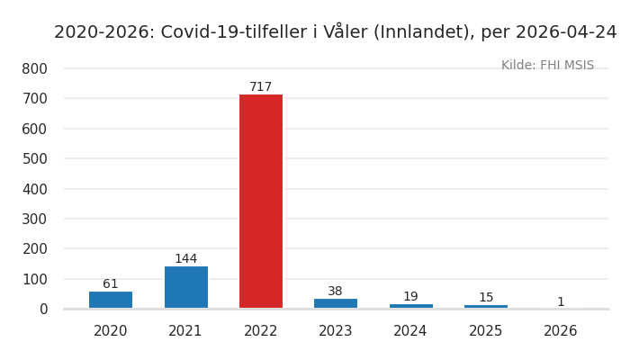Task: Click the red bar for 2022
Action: click(x=260, y=202)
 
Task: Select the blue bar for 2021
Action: click(x=185, y=287)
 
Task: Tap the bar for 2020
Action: click(x=111, y=300)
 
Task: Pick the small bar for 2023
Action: click(x=336, y=303)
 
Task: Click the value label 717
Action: click(x=260, y=87)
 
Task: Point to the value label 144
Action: click(x=185, y=259)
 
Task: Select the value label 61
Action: click(x=111, y=284)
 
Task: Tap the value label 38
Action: click(x=336, y=292)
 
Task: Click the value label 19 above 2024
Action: click(x=410, y=297)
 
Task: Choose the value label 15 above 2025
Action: click(x=486, y=298)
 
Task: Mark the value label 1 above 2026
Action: click(x=561, y=302)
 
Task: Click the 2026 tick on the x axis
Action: click(x=561, y=331)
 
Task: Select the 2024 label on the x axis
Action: click(x=410, y=331)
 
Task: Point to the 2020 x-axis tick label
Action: click(x=111, y=331)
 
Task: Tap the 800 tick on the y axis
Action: click(x=34, y=68)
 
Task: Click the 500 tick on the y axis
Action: click(x=34, y=158)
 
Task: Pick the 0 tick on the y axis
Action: click(x=42, y=309)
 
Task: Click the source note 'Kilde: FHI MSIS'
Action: click(x=547, y=66)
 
